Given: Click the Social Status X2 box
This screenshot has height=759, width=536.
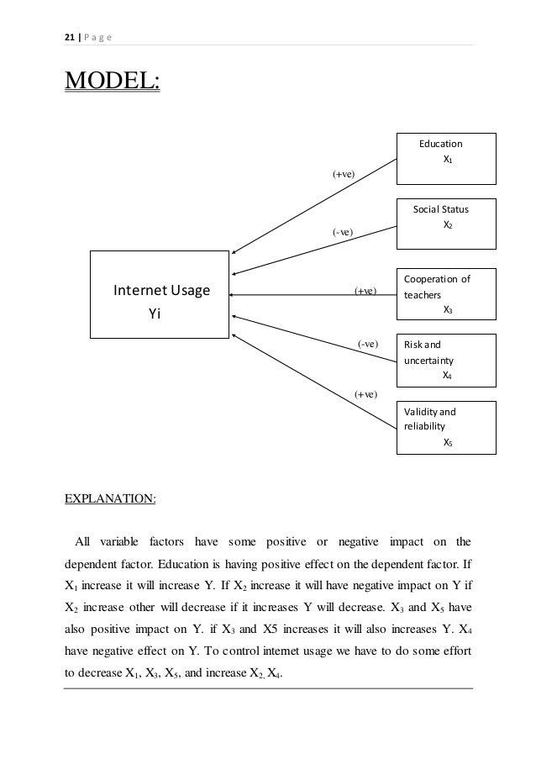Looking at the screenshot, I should (446, 224).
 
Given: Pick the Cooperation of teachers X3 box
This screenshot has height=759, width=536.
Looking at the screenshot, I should (446, 294).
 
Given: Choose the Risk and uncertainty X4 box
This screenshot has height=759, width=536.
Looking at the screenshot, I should (446, 360).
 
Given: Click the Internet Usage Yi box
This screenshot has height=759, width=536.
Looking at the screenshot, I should (160, 294).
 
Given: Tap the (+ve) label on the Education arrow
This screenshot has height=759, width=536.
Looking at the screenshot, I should (343, 174).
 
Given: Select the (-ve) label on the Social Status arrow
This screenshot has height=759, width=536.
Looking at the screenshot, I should (343, 231).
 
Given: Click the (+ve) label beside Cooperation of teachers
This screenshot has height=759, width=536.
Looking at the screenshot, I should (365, 292).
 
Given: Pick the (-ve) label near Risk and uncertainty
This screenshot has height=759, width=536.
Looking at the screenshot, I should (368, 343).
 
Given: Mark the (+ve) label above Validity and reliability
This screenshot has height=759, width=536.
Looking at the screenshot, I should (365, 393).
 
